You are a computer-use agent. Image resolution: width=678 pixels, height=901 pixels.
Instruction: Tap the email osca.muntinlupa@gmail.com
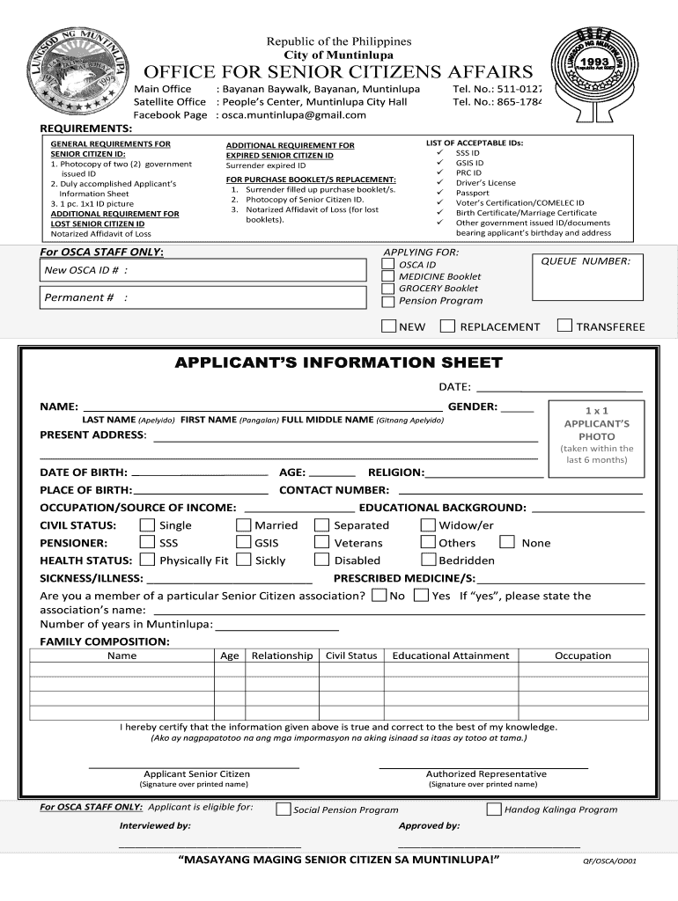(x=293, y=115)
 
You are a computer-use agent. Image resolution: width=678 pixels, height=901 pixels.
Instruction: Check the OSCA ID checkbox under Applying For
(x=387, y=264)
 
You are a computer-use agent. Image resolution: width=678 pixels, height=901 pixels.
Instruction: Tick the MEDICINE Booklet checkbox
(x=387, y=276)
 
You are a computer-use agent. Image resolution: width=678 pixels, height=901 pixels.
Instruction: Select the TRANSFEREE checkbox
(x=564, y=326)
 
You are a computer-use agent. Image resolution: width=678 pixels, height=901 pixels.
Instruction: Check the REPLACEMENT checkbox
(x=447, y=326)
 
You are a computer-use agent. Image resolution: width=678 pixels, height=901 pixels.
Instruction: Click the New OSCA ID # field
(x=203, y=270)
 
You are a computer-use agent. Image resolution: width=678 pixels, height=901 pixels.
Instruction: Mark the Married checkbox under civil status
(x=243, y=525)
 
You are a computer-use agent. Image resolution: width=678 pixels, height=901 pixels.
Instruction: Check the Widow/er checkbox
(x=428, y=525)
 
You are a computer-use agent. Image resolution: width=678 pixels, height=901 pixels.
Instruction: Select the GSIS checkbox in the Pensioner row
(x=243, y=543)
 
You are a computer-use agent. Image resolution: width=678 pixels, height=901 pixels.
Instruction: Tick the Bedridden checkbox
(x=428, y=560)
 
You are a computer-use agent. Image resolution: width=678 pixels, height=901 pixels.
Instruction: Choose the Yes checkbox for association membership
(x=420, y=596)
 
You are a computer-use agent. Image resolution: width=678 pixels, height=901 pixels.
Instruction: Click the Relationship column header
(x=282, y=656)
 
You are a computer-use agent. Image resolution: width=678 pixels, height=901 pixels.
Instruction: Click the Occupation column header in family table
(x=582, y=656)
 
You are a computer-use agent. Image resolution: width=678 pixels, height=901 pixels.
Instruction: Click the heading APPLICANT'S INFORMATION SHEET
(x=338, y=363)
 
